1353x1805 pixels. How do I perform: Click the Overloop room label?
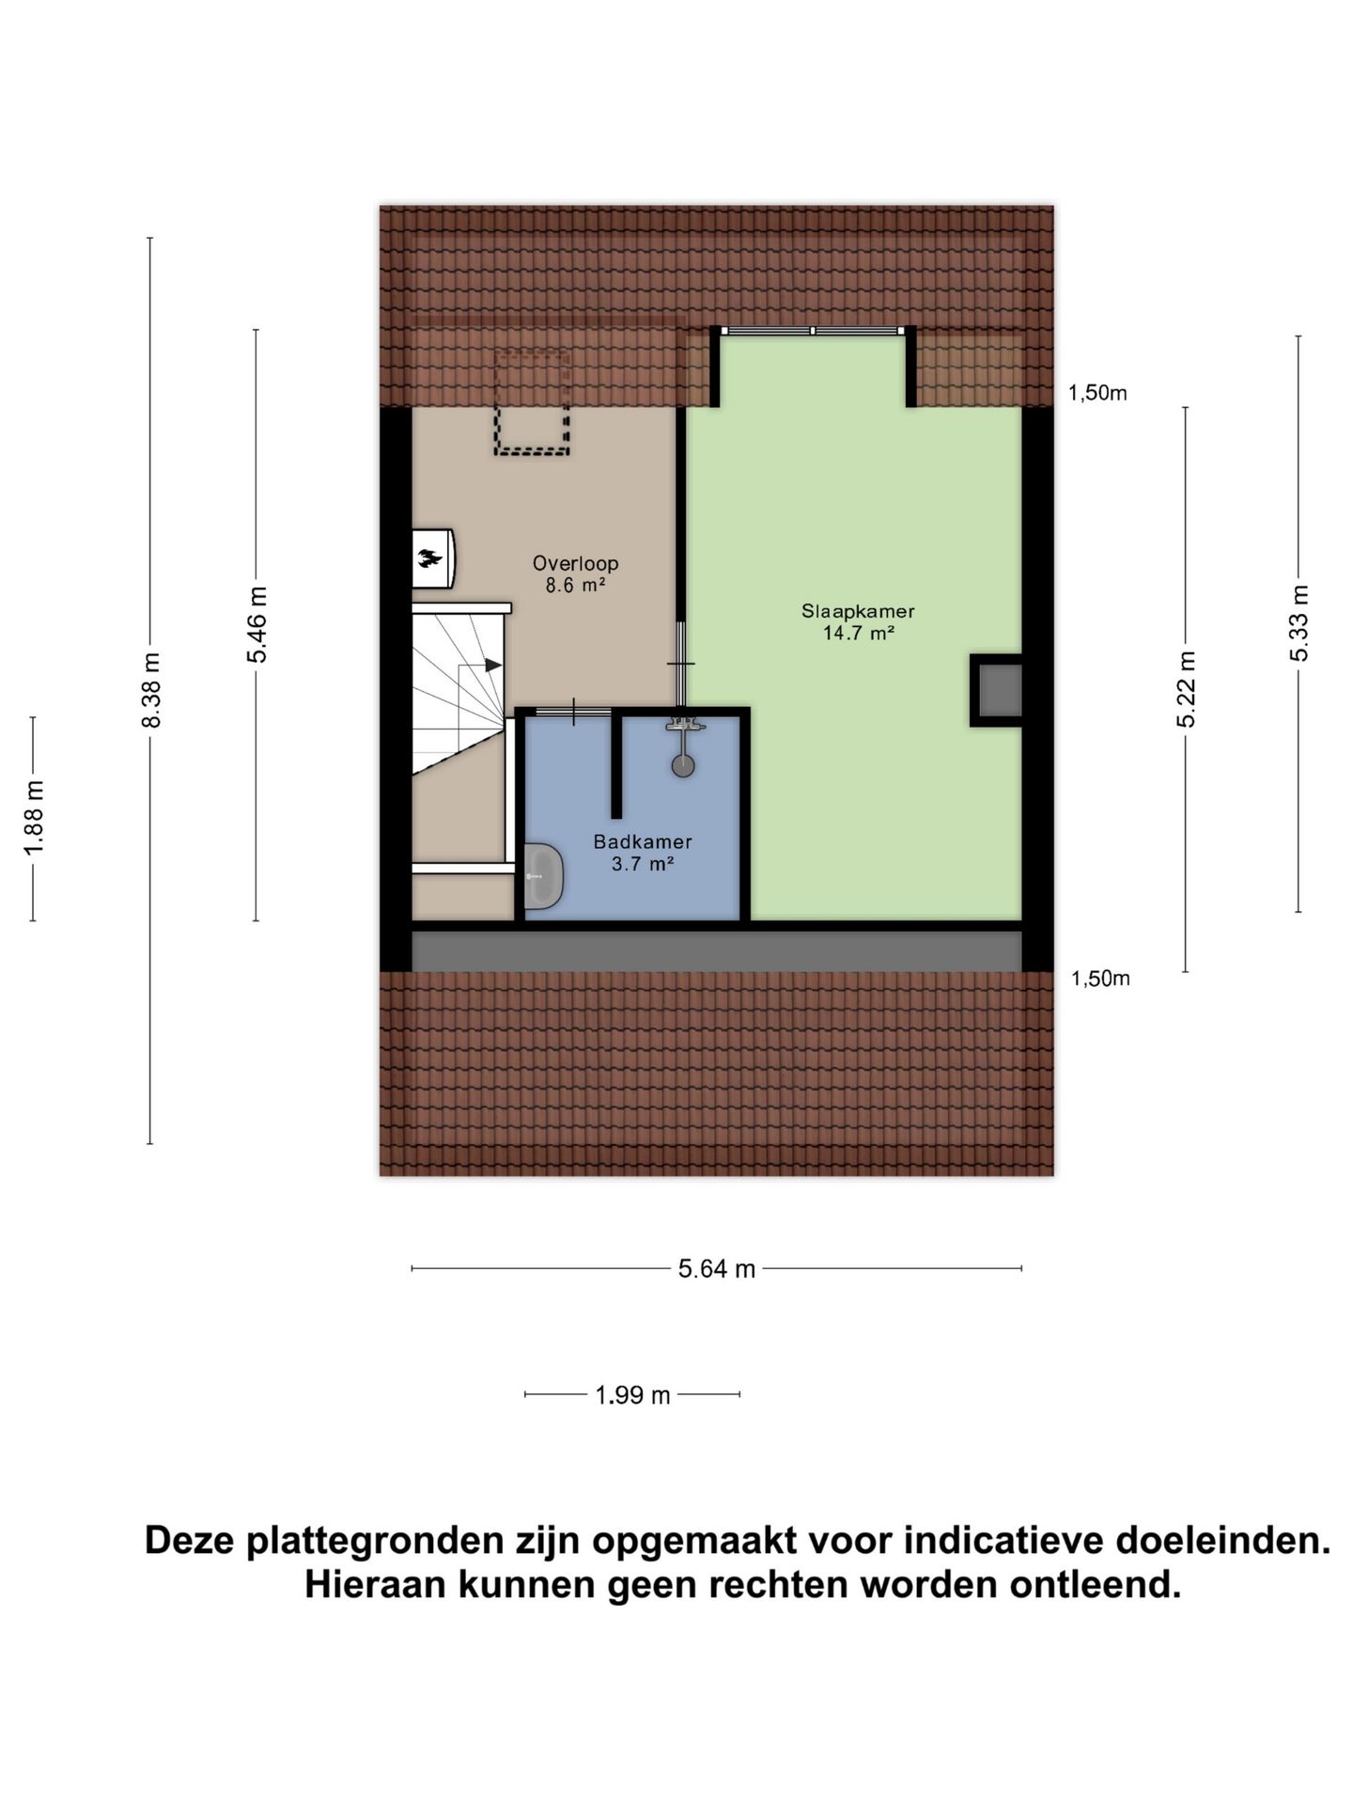(x=575, y=564)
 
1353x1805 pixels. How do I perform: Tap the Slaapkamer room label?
(x=857, y=611)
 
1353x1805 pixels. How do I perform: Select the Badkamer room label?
(x=643, y=842)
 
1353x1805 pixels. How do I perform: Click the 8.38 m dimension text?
(x=151, y=690)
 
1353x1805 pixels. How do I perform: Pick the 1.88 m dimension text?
(x=34, y=819)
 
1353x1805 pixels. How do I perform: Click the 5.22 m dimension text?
(x=1186, y=689)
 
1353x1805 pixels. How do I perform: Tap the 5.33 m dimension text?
(x=1299, y=623)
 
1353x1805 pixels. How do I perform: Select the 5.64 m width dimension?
(x=717, y=1269)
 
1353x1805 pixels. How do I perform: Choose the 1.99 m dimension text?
(x=632, y=1395)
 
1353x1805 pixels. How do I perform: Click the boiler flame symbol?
(x=430, y=558)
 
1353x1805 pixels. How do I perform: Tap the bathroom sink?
(x=542, y=876)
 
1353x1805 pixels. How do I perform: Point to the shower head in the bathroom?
(x=683, y=764)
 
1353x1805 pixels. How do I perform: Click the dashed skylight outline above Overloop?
(x=532, y=402)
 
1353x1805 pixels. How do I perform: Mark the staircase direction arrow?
(x=492, y=665)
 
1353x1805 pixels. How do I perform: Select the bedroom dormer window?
(x=813, y=331)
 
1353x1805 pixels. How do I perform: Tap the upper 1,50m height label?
(x=1096, y=394)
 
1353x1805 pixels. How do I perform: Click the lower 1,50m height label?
(x=1100, y=979)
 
